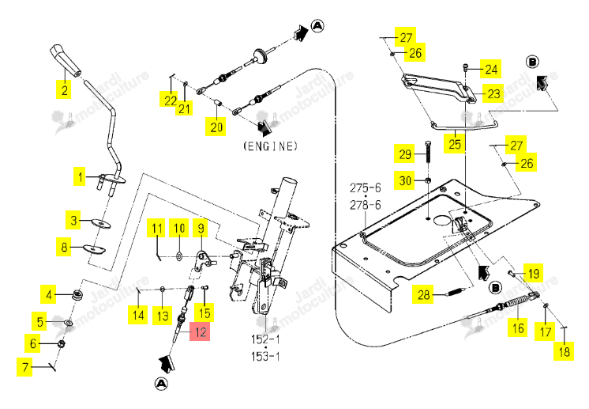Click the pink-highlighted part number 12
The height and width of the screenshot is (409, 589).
(x=200, y=331)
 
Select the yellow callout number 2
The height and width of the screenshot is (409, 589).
(x=64, y=89)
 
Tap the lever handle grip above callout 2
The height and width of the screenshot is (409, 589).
(x=66, y=59)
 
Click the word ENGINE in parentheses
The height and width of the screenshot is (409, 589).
(x=271, y=146)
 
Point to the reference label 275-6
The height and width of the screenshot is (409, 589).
(x=365, y=187)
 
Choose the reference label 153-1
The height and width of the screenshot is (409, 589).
(x=265, y=356)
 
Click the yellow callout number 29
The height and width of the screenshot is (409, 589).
(x=404, y=154)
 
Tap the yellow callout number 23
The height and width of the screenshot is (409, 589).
(x=493, y=93)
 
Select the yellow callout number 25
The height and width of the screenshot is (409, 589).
(x=454, y=144)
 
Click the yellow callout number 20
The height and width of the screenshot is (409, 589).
(x=216, y=127)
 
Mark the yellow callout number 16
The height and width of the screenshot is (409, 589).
(x=518, y=328)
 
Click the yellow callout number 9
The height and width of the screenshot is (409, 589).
(x=201, y=228)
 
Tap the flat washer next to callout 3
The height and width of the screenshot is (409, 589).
(x=101, y=223)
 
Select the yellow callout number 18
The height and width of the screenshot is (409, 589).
(x=564, y=351)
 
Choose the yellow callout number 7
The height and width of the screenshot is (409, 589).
(x=24, y=367)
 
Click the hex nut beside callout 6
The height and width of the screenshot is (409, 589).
(x=62, y=343)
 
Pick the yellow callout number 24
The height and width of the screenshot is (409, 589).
(x=491, y=69)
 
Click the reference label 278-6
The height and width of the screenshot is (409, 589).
(x=365, y=205)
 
